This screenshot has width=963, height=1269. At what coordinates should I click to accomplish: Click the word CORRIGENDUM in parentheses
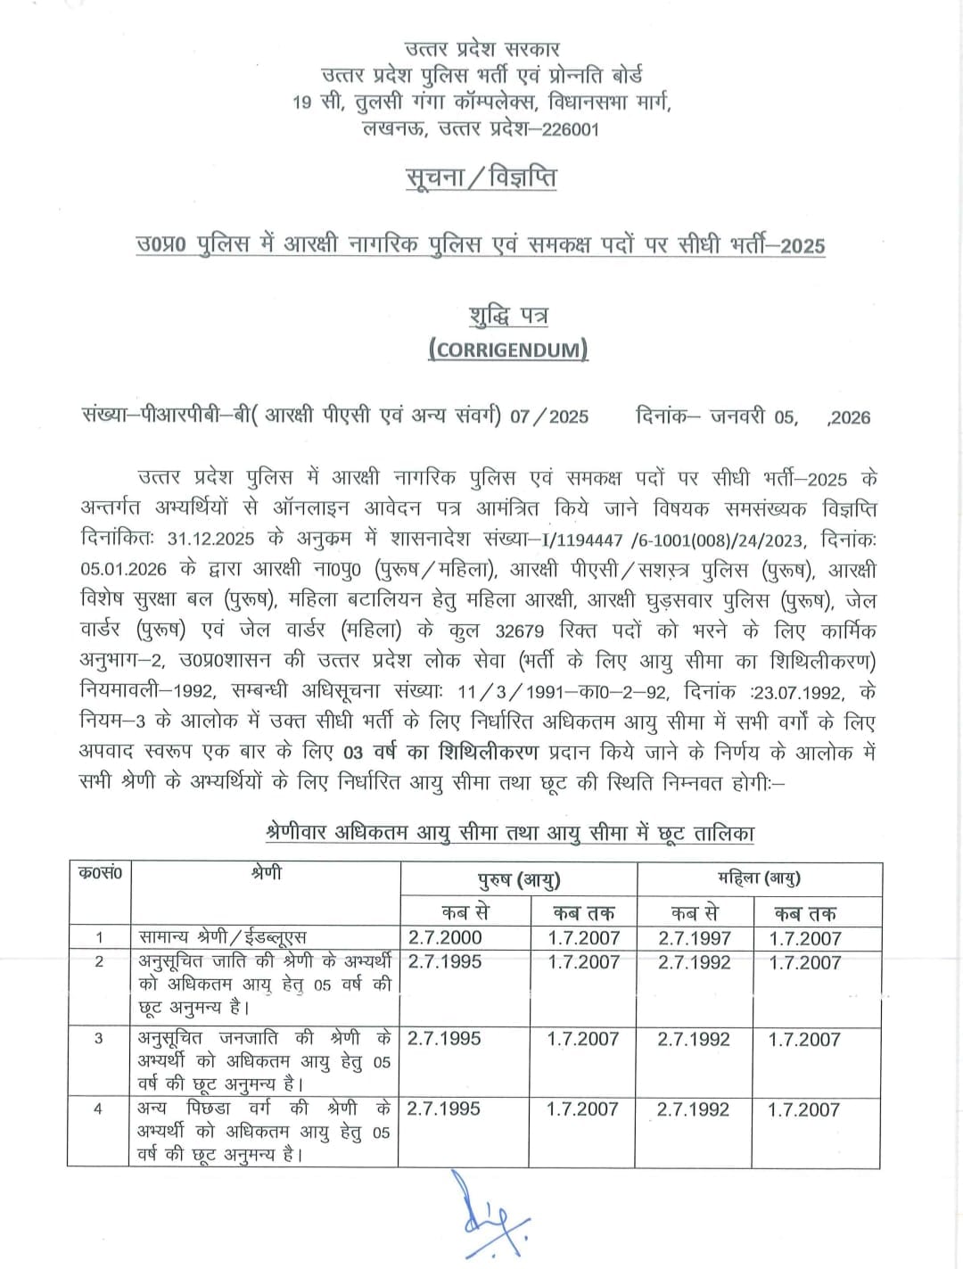tap(507, 349)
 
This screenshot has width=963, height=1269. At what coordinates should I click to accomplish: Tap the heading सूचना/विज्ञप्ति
tap(481, 177)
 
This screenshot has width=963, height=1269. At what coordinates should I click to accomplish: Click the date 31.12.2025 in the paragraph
tap(210, 539)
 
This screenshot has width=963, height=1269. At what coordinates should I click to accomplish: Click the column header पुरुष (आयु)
tap(518, 880)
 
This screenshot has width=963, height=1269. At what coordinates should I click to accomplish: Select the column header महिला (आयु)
tap(759, 878)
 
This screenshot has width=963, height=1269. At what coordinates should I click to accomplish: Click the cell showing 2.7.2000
tap(444, 937)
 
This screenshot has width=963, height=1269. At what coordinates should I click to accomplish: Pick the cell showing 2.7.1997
tap(694, 938)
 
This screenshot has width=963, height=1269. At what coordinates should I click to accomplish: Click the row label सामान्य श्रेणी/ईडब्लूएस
tap(223, 937)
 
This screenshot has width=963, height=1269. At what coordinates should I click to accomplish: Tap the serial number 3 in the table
tap(98, 1038)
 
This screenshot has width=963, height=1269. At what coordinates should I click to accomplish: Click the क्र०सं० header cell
tap(99, 873)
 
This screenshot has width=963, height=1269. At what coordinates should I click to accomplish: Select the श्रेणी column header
tap(266, 873)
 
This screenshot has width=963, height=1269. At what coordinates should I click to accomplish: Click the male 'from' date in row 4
tap(443, 1108)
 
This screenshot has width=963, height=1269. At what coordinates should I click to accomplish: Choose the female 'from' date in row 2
tap(694, 962)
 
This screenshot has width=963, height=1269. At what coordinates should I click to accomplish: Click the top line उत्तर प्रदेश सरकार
tap(481, 49)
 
